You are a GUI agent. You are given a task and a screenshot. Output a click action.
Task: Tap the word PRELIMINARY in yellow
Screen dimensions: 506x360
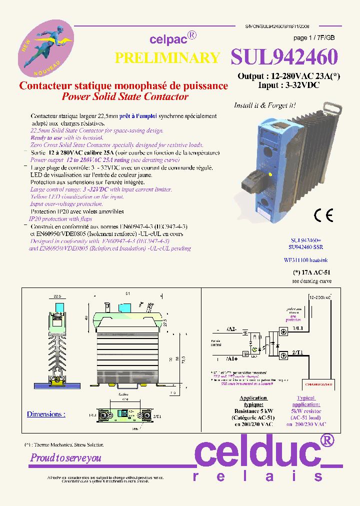pos(167,58)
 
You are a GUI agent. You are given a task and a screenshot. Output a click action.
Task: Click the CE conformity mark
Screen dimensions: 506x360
pos(323,215)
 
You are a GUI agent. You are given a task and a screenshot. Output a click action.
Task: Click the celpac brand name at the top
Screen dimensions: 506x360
pos(168,39)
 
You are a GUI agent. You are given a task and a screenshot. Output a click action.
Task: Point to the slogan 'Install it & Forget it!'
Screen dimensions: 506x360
pos(264,105)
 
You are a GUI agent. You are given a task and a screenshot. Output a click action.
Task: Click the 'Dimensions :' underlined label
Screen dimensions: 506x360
pos(46,414)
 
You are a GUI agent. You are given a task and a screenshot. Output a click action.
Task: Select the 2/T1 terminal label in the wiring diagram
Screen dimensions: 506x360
pos(298,353)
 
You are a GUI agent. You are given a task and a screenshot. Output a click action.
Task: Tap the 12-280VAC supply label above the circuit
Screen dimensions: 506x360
pos(320,297)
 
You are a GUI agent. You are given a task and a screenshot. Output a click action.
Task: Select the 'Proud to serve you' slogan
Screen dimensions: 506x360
pos(66,457)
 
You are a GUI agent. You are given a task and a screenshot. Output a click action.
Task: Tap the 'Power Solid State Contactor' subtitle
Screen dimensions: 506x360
pos(124,96)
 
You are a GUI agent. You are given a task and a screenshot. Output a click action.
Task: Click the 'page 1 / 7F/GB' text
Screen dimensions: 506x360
pos(314,38)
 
